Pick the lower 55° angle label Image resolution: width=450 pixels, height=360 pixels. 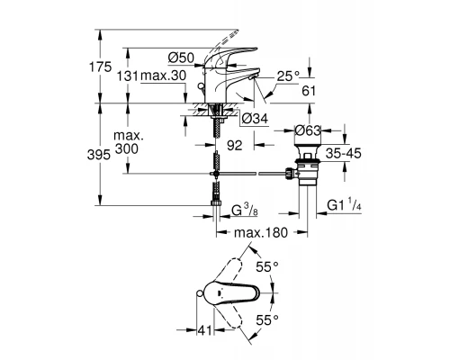click(266, 320)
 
